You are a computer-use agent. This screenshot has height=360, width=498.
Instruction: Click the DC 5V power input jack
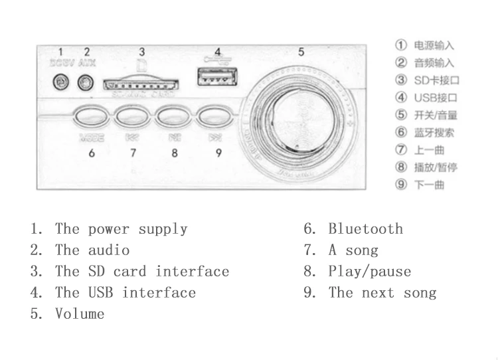click(61, 82)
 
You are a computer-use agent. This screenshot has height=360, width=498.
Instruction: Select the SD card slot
click(141, 84)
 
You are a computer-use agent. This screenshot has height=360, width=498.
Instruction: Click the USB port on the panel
click(217, 79)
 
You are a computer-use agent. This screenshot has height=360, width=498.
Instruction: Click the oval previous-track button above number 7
click(133, 118)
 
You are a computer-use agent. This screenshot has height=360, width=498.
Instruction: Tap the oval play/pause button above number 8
click(174, 118)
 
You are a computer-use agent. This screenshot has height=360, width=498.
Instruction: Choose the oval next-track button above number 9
click(215, 118)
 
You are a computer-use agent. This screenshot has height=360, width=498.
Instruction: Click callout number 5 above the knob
click(301, 52)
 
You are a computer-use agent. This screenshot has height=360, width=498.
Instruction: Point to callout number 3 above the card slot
click(141, 52)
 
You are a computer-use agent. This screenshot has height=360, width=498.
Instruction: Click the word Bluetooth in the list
click(365, 229)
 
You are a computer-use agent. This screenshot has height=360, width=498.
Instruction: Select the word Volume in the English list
click(80, 314)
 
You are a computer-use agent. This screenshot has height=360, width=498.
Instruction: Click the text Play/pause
click(369, 272)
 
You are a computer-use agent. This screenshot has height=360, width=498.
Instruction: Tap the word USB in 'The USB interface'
click(101, 293)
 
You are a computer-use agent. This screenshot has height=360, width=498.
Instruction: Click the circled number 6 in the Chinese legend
click(400, 132)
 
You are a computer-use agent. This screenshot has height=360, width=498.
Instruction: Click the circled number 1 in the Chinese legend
click(400, 45)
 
